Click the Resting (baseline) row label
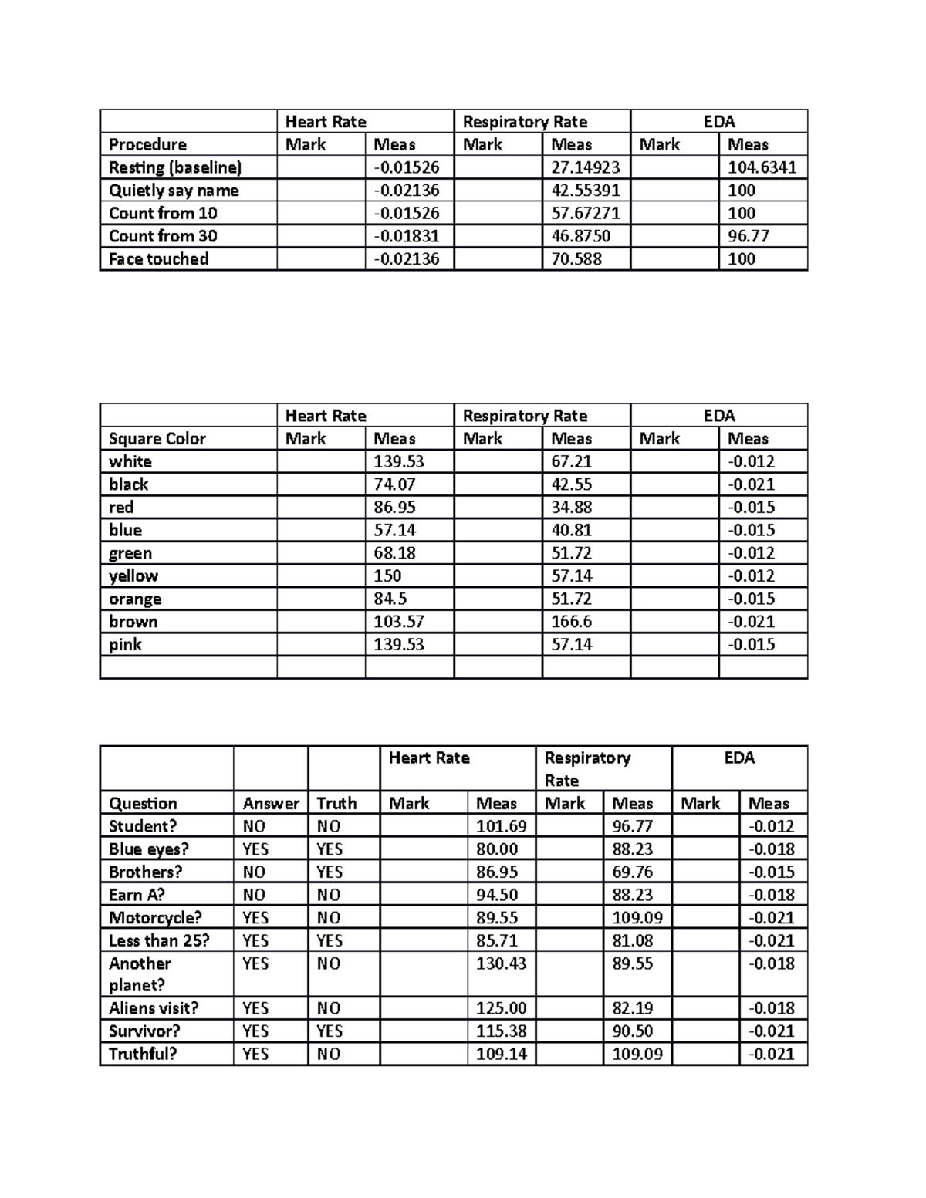coord(175,167)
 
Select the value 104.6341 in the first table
coord(762,167)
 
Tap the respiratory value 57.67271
coord(585,213)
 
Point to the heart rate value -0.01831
coord(406,236)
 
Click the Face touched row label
coord(158,259)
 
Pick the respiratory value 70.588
coord(576,259)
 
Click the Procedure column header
coord(147,145)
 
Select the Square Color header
coord(157,439)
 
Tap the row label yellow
coord(133,576)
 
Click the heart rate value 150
coord(387,576)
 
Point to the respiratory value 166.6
coord(571,622)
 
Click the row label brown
coord(133,622)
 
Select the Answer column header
coord(270,804)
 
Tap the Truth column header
coord(336,804)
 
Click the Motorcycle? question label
coord(155,918)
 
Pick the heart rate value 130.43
coord(501,963)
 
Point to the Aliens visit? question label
coord(154,1008)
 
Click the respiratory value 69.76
coord(632,872)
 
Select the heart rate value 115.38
coord(501,1031)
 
